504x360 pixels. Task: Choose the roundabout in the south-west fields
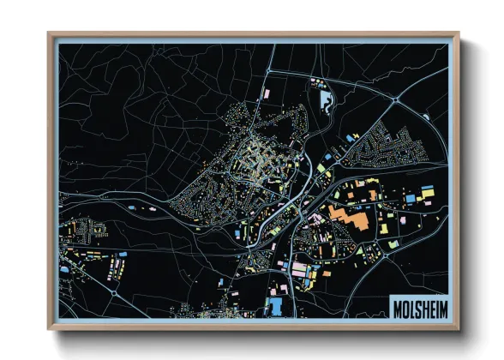(115, 291)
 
